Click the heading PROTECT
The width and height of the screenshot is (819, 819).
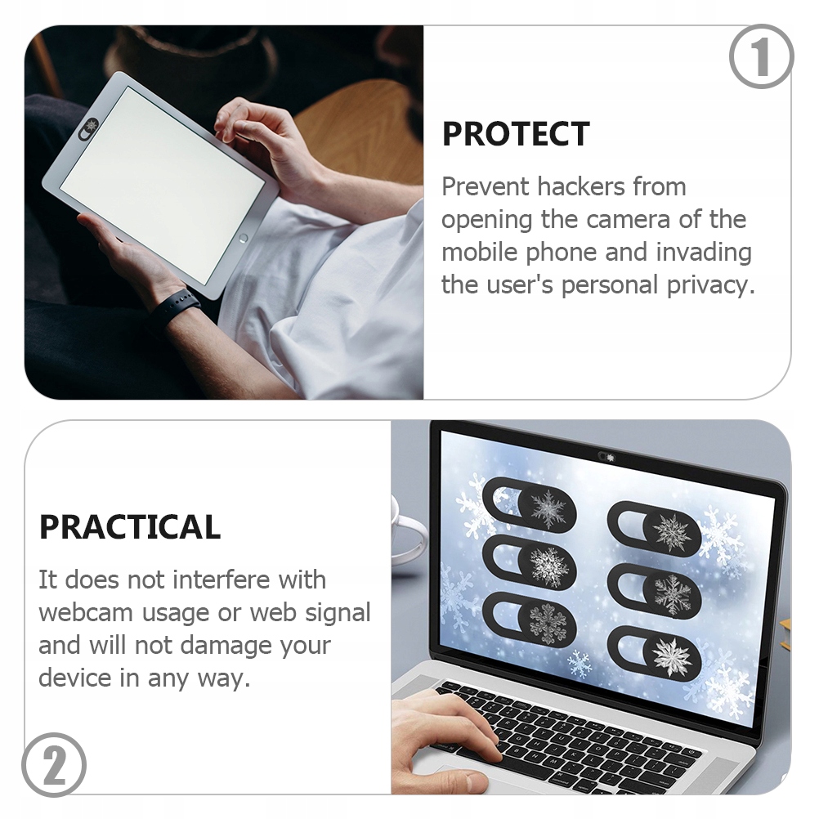[x=516, y=135]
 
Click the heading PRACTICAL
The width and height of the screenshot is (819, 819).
[x=130, y=528]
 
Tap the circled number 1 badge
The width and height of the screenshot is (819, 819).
[x=761, y=57]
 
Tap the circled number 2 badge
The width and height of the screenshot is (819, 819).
[x=54, y=765]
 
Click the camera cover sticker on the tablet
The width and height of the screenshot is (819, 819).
[x=89, y=125]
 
